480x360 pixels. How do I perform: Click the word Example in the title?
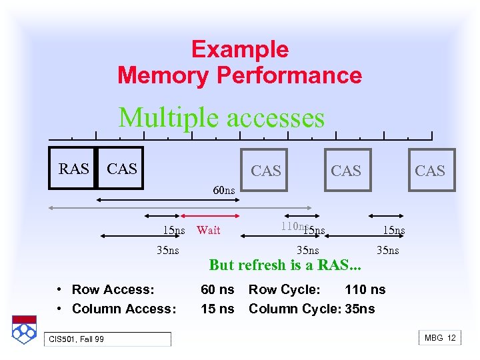click(x=239, y=50)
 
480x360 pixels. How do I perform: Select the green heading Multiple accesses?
click(x=221, y=118)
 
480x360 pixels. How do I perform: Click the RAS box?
click(x=73, y=169)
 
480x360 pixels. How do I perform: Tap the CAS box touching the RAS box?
click(x=121, y=169)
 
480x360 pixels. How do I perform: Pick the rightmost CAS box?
click(x=429, y=171)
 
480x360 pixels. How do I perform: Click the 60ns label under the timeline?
click(x=223, y=191)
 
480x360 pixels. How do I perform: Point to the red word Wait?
click(x=209, y=230)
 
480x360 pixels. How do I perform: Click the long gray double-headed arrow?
click(x=180, y=208)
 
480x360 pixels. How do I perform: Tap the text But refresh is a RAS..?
click(x=285, y=265)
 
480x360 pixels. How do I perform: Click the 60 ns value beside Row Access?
click(x=217, y=289)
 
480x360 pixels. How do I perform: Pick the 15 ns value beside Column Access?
click(x=217, y=309)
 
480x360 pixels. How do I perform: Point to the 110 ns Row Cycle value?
click(x=365, y=289)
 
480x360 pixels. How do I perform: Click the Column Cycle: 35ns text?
click(x=311, y=309)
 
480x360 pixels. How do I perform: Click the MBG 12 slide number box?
click(x=440, y=338)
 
